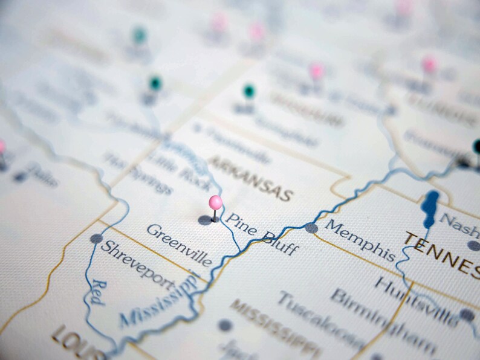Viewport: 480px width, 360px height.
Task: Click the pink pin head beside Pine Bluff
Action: pyautogui.click(x=215, y=202)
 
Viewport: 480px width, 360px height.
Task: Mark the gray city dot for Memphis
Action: pyautogui.click(x=311, y=228)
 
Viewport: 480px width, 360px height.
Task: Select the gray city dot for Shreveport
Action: pyautogui.click(x=96, y=239)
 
